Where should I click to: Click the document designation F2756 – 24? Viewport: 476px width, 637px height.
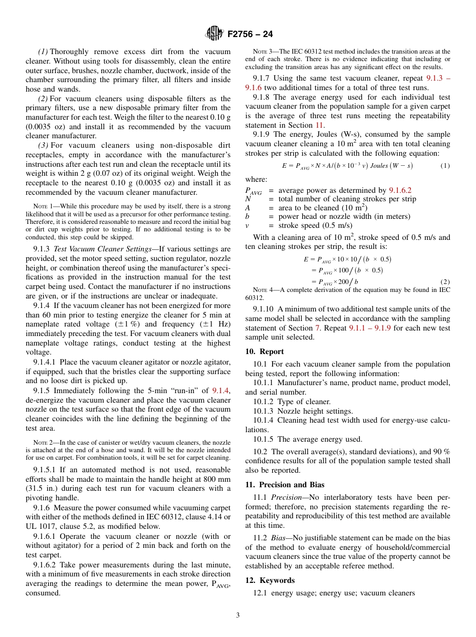250,35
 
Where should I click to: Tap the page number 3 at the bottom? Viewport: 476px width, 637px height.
238,615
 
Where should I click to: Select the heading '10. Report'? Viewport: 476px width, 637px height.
265,352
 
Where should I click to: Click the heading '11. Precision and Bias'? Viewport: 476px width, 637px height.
285,485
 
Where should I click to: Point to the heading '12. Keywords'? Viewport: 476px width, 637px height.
270,580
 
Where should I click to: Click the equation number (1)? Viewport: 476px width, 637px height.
444,166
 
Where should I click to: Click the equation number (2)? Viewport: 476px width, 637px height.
444,282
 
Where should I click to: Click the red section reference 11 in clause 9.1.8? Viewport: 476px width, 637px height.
319,125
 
